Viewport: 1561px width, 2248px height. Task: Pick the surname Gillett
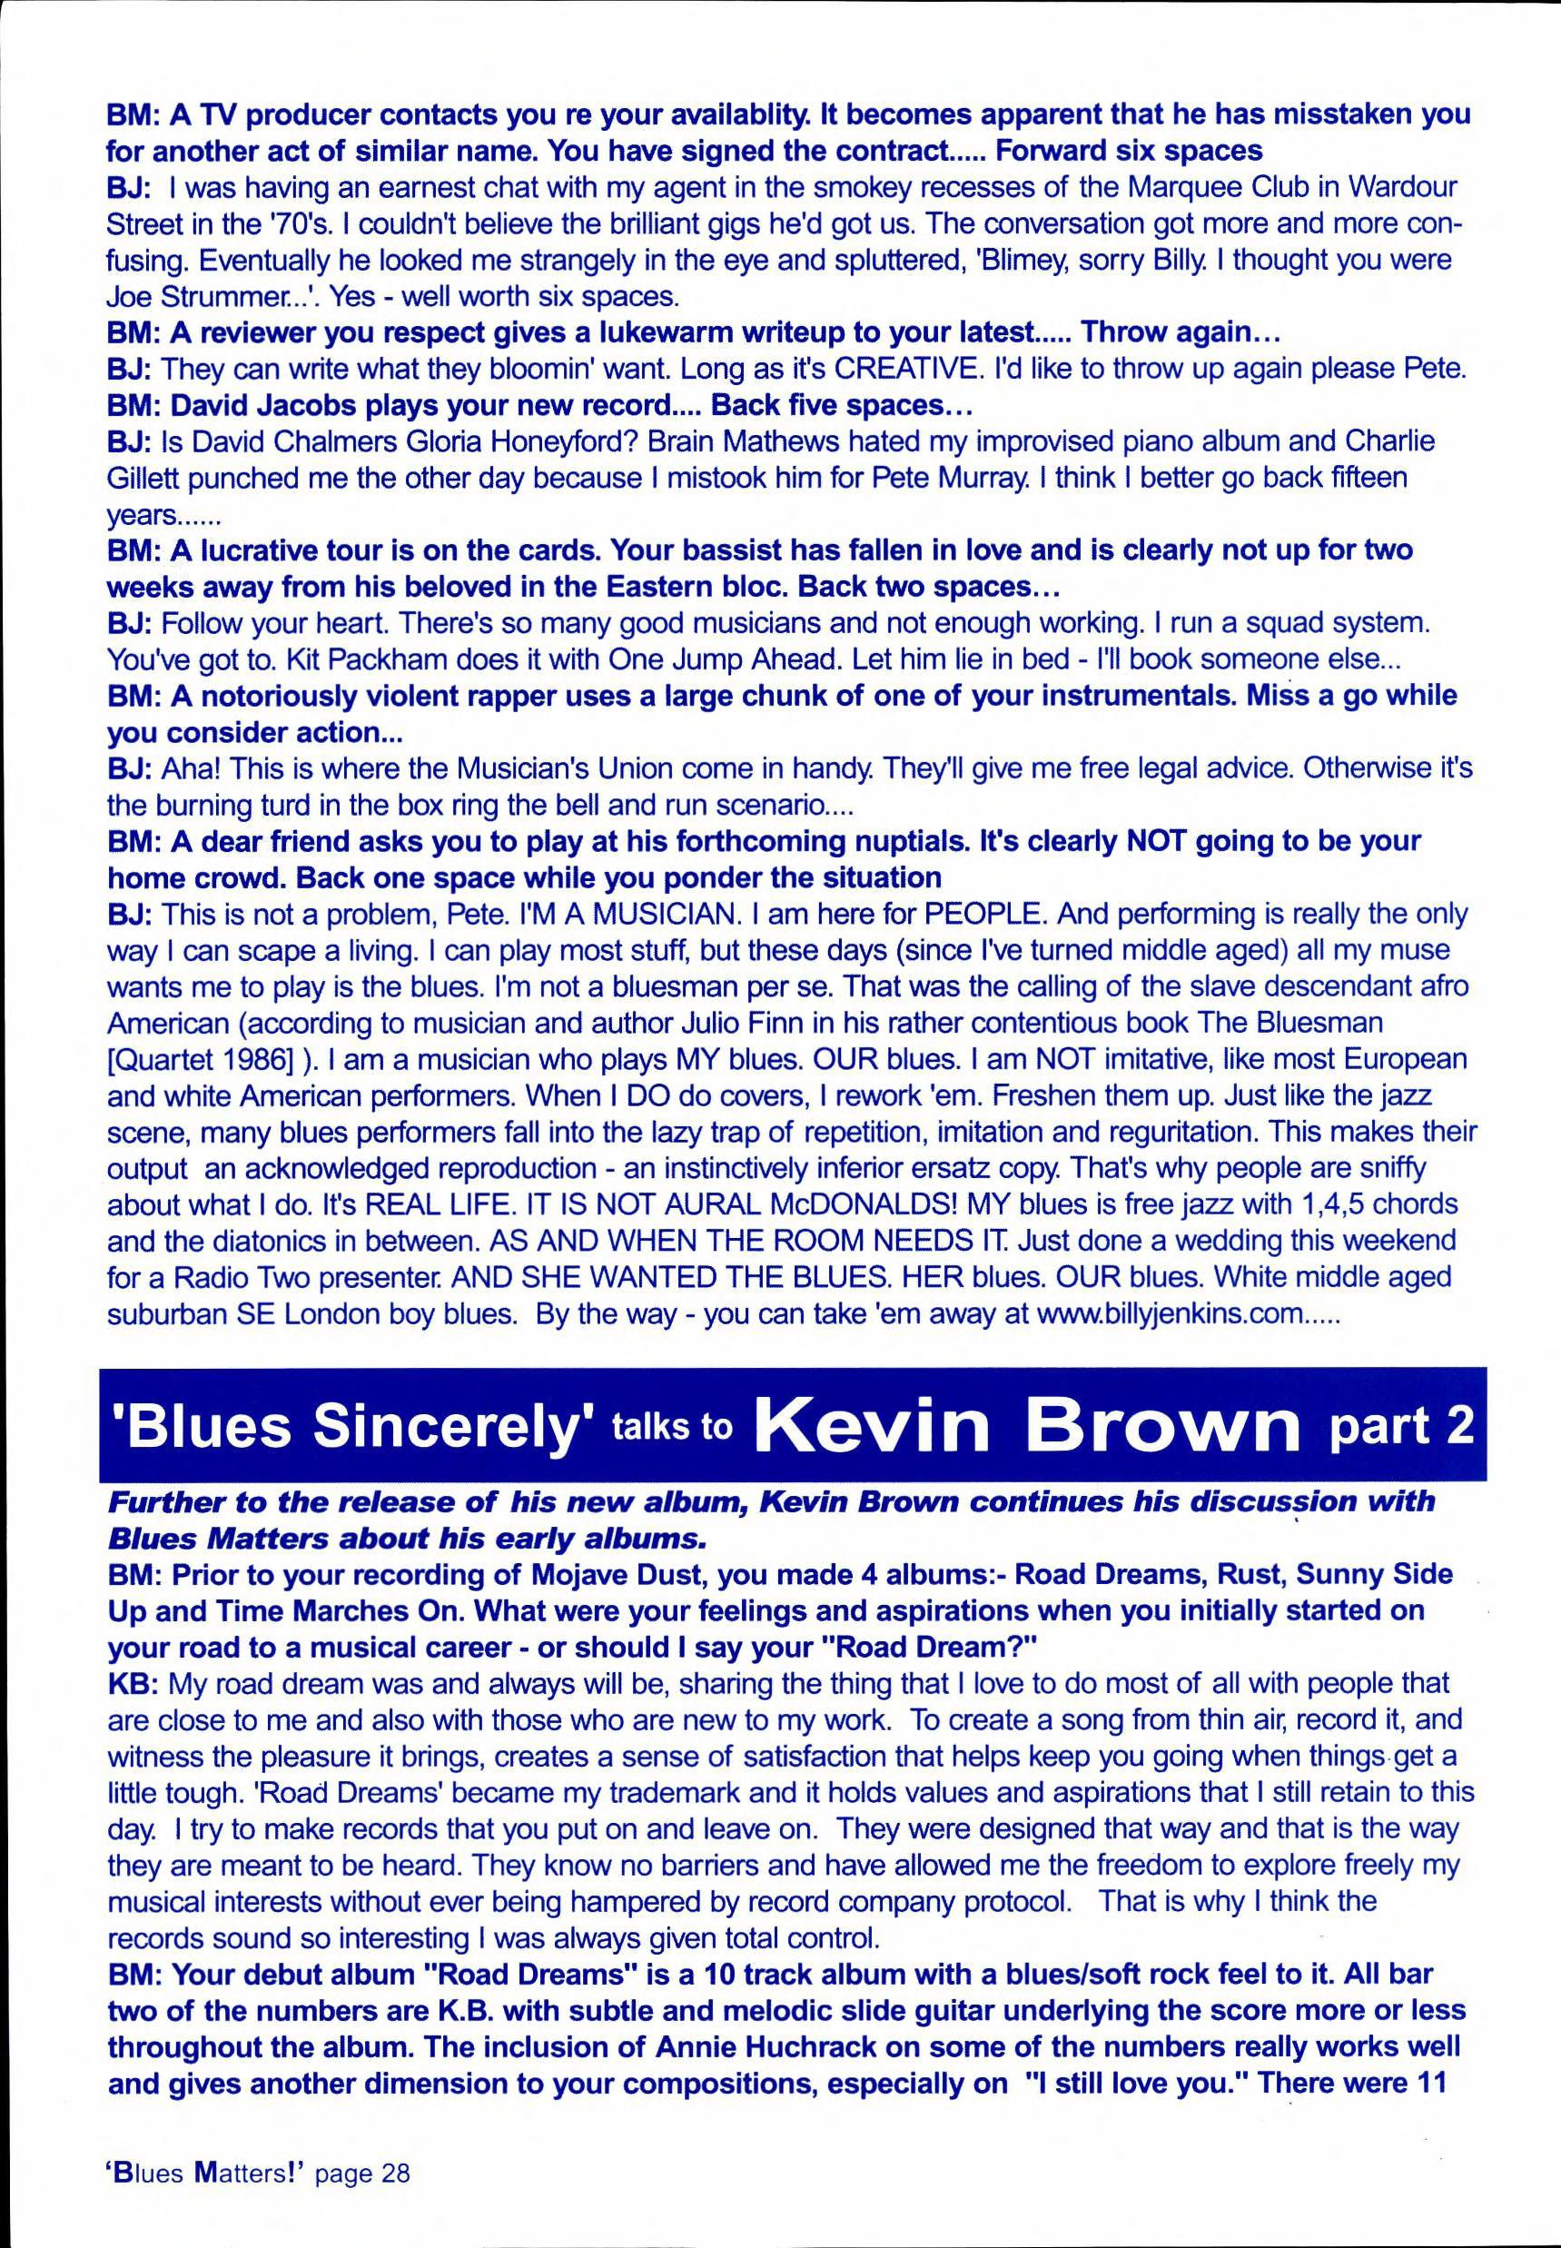[x=145, y=478]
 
